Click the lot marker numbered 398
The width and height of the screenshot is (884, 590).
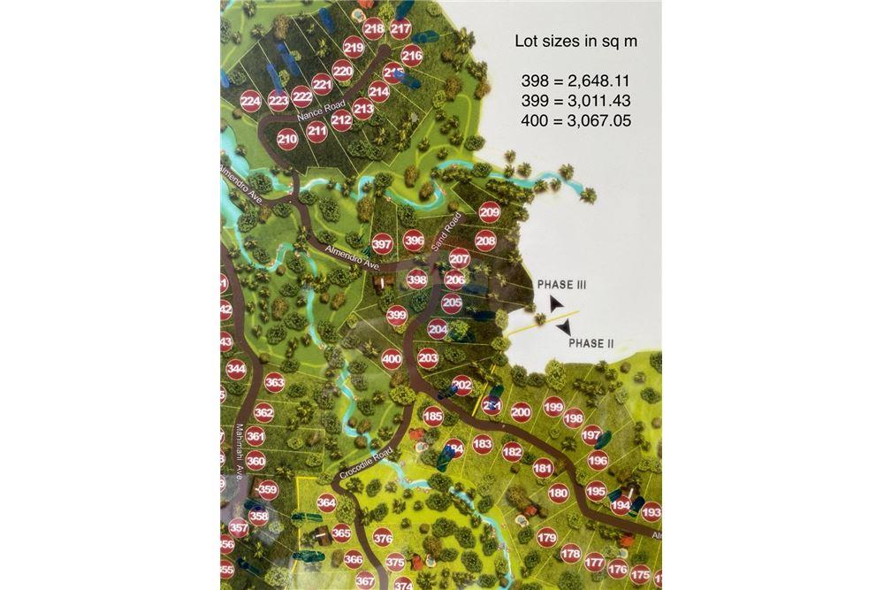416,280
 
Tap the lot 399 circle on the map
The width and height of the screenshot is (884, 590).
397,314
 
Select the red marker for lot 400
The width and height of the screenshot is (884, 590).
392,359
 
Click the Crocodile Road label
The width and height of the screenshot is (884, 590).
370,457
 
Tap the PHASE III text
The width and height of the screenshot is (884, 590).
561,285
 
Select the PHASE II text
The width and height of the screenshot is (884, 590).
591,343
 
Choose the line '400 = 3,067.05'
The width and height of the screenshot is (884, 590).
575,120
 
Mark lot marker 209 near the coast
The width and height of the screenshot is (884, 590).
489,212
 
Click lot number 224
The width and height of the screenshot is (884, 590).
251,103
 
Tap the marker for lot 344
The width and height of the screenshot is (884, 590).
236,369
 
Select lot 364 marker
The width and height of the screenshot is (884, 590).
326,503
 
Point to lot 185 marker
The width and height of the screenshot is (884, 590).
432,417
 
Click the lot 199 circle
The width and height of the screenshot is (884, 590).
553,407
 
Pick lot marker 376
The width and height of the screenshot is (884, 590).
383,537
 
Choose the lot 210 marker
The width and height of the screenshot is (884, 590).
286,139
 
